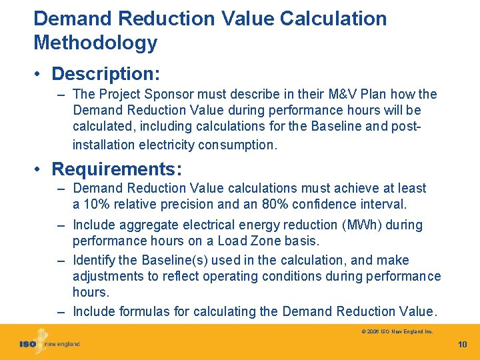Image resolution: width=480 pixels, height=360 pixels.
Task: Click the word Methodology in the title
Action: tap(95, 43)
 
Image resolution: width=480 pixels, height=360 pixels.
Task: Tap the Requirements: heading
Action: tap(117, 168)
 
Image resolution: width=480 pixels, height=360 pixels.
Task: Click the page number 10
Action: tap(463, 344)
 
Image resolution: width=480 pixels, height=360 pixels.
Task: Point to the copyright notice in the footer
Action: tap(397, 331)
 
